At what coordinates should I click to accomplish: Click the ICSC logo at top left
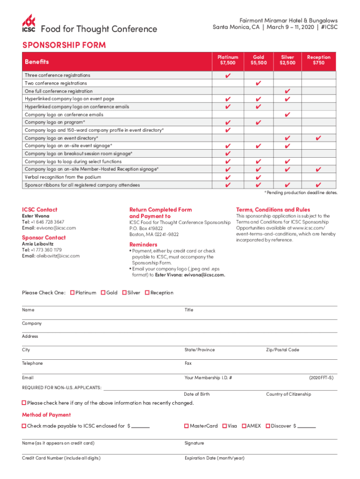(x=29, y=24)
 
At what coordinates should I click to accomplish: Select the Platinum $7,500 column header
(x=228, y=60)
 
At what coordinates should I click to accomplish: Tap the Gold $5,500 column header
(x=259, y=60)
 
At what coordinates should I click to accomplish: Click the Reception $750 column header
(x=318, y=60)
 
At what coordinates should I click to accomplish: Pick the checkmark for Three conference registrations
(x=228, y=75)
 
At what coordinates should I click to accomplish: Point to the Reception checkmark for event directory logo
(x=318, y=138)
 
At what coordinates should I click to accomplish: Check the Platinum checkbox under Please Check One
(x=72, y=293)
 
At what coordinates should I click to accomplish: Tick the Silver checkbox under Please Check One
(x=124, y=293)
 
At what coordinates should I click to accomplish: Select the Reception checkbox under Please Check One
(x=147, y=293)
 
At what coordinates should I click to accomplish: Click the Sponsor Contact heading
(x=44, y=238)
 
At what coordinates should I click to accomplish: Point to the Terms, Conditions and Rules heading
(x=273, y=210)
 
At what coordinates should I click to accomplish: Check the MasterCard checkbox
(x=187, y=426)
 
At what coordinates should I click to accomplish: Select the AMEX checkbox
(x=244, y=426)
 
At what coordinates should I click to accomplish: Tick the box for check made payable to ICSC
(x=24, y=426)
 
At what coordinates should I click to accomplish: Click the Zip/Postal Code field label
(x=282, y=350)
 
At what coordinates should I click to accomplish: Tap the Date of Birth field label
(x=197, y=394)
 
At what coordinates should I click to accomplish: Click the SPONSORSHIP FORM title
(x=64, y=45)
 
